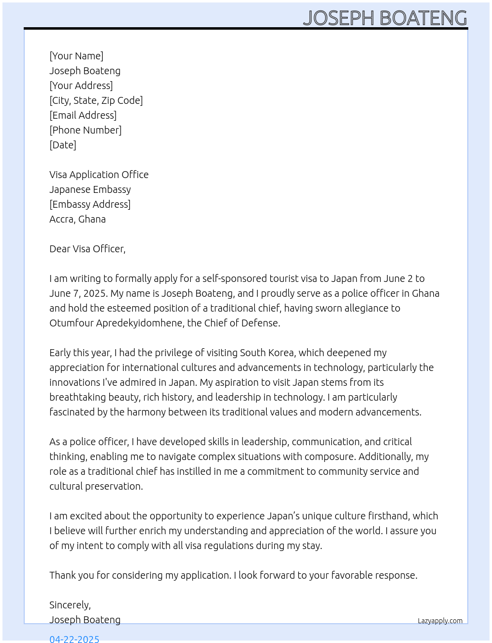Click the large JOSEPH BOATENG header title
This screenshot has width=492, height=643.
pyautogui.click(x=385, y=18)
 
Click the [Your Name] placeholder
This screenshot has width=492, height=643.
pyautogui.click(x=76, y=56)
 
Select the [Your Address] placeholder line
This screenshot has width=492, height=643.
pyautogui.click(x=81, y=86)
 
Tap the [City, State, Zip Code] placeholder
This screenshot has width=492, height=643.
pyautogui.click(x=96, y=100)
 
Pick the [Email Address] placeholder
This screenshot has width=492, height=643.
pyautogui.click(x=83, y=115)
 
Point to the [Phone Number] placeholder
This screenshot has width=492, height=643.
pyautogui.click(x=85, y=130)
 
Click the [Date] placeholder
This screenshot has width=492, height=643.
pyautogui.click(x=63, y=145)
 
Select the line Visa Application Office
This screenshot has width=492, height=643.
pyautogui.click(x=99, y=175)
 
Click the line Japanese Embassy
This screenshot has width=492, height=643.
pyautogui.click(x=90, y=189)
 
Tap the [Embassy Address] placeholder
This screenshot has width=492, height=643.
pyautogui.click(x=90, y=204)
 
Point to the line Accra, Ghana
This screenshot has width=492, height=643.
pyautogui.click(x=78, y=219)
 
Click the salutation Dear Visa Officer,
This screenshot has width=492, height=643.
pyautogui.click(x=87, y=249)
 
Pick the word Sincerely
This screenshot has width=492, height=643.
pyautogui.click(x=70, y=605)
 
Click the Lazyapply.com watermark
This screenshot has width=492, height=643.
pyautogui.click(x=440, y=621)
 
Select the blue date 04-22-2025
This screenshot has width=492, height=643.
pyautogui.click(x=74, y=639)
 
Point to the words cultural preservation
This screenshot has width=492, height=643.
pyautogui.click(x=96, y=486)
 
